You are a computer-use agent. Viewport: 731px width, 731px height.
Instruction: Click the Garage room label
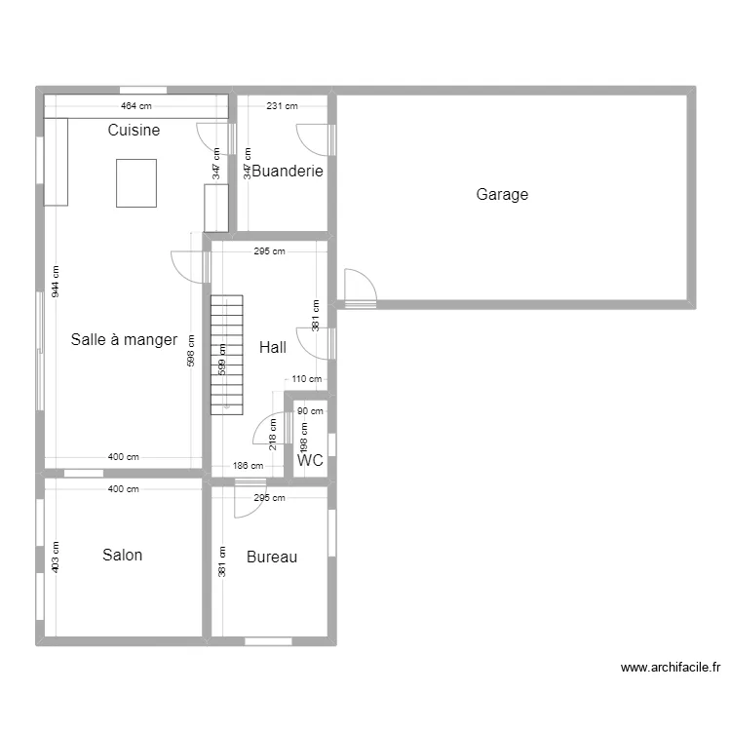[x=502, y=194]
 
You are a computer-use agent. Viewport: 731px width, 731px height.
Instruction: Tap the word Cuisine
[x=134, y=130]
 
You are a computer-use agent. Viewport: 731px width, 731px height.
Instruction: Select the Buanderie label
[x=288, y=171]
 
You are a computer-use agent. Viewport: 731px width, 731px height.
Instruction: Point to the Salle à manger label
[x=124, y=339]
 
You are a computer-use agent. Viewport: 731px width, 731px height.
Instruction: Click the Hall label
[x=273, y=347]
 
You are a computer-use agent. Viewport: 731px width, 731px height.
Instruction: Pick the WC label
[x=310, y=460]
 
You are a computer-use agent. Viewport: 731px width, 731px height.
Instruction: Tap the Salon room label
[x=122, y=555]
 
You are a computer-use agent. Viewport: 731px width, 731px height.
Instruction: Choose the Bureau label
[x=272, y=557]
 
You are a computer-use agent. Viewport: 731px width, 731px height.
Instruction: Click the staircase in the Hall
[x=226, y=355]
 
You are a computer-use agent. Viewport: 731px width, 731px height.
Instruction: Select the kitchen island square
[x=136, y=183]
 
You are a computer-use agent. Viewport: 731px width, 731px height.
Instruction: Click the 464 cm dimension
[x=136, y=106]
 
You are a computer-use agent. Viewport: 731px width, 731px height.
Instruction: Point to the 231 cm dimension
[x=282, y=106]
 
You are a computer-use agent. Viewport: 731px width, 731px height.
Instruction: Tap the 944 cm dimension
[x=56, y=282]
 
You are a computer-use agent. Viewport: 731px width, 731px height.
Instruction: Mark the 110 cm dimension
[x=307, y=379]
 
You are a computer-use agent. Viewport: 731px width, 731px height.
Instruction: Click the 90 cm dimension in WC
[x=310, y=411]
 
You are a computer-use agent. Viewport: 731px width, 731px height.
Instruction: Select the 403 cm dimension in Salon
[x=56, y=558]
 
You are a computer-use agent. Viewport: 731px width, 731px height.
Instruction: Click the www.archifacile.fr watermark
[x=671, y=668]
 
